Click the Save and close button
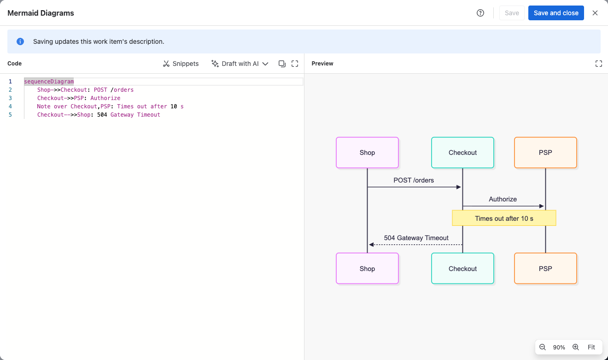click(556, 13)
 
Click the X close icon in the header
click(595, 13)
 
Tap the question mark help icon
click(480, 13)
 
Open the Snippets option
click(181, 64)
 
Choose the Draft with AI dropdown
click(240, 64)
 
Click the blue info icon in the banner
click(20, 41)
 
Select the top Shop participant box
click(367, 153)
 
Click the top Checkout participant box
click(462, 153)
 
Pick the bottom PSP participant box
click(545, 268)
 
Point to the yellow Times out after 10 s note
click(504, 218)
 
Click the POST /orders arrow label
click(414, 180)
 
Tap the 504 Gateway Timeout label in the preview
click(416, 238)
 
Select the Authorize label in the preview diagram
click(503, 199)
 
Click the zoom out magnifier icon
click(542, 347)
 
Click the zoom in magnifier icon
click(576, 347)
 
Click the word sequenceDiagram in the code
click(49, 82)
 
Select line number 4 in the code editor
click(10, 106)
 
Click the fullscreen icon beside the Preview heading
click(599, 64)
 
